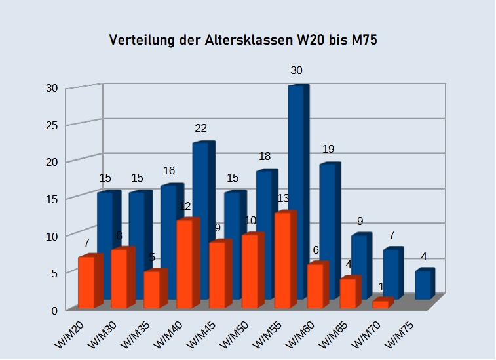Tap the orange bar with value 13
tap(284, 260)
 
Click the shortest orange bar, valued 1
tap(381, 304)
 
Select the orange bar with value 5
tap(153, 289)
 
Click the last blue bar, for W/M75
tap(424, 284)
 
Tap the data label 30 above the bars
tap(296, 70)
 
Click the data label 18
tap(264, 156)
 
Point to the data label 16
tap(169, 171)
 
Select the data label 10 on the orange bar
tap(250, 220)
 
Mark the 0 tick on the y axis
tap(54, 310)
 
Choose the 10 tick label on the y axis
tap(50, 235)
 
